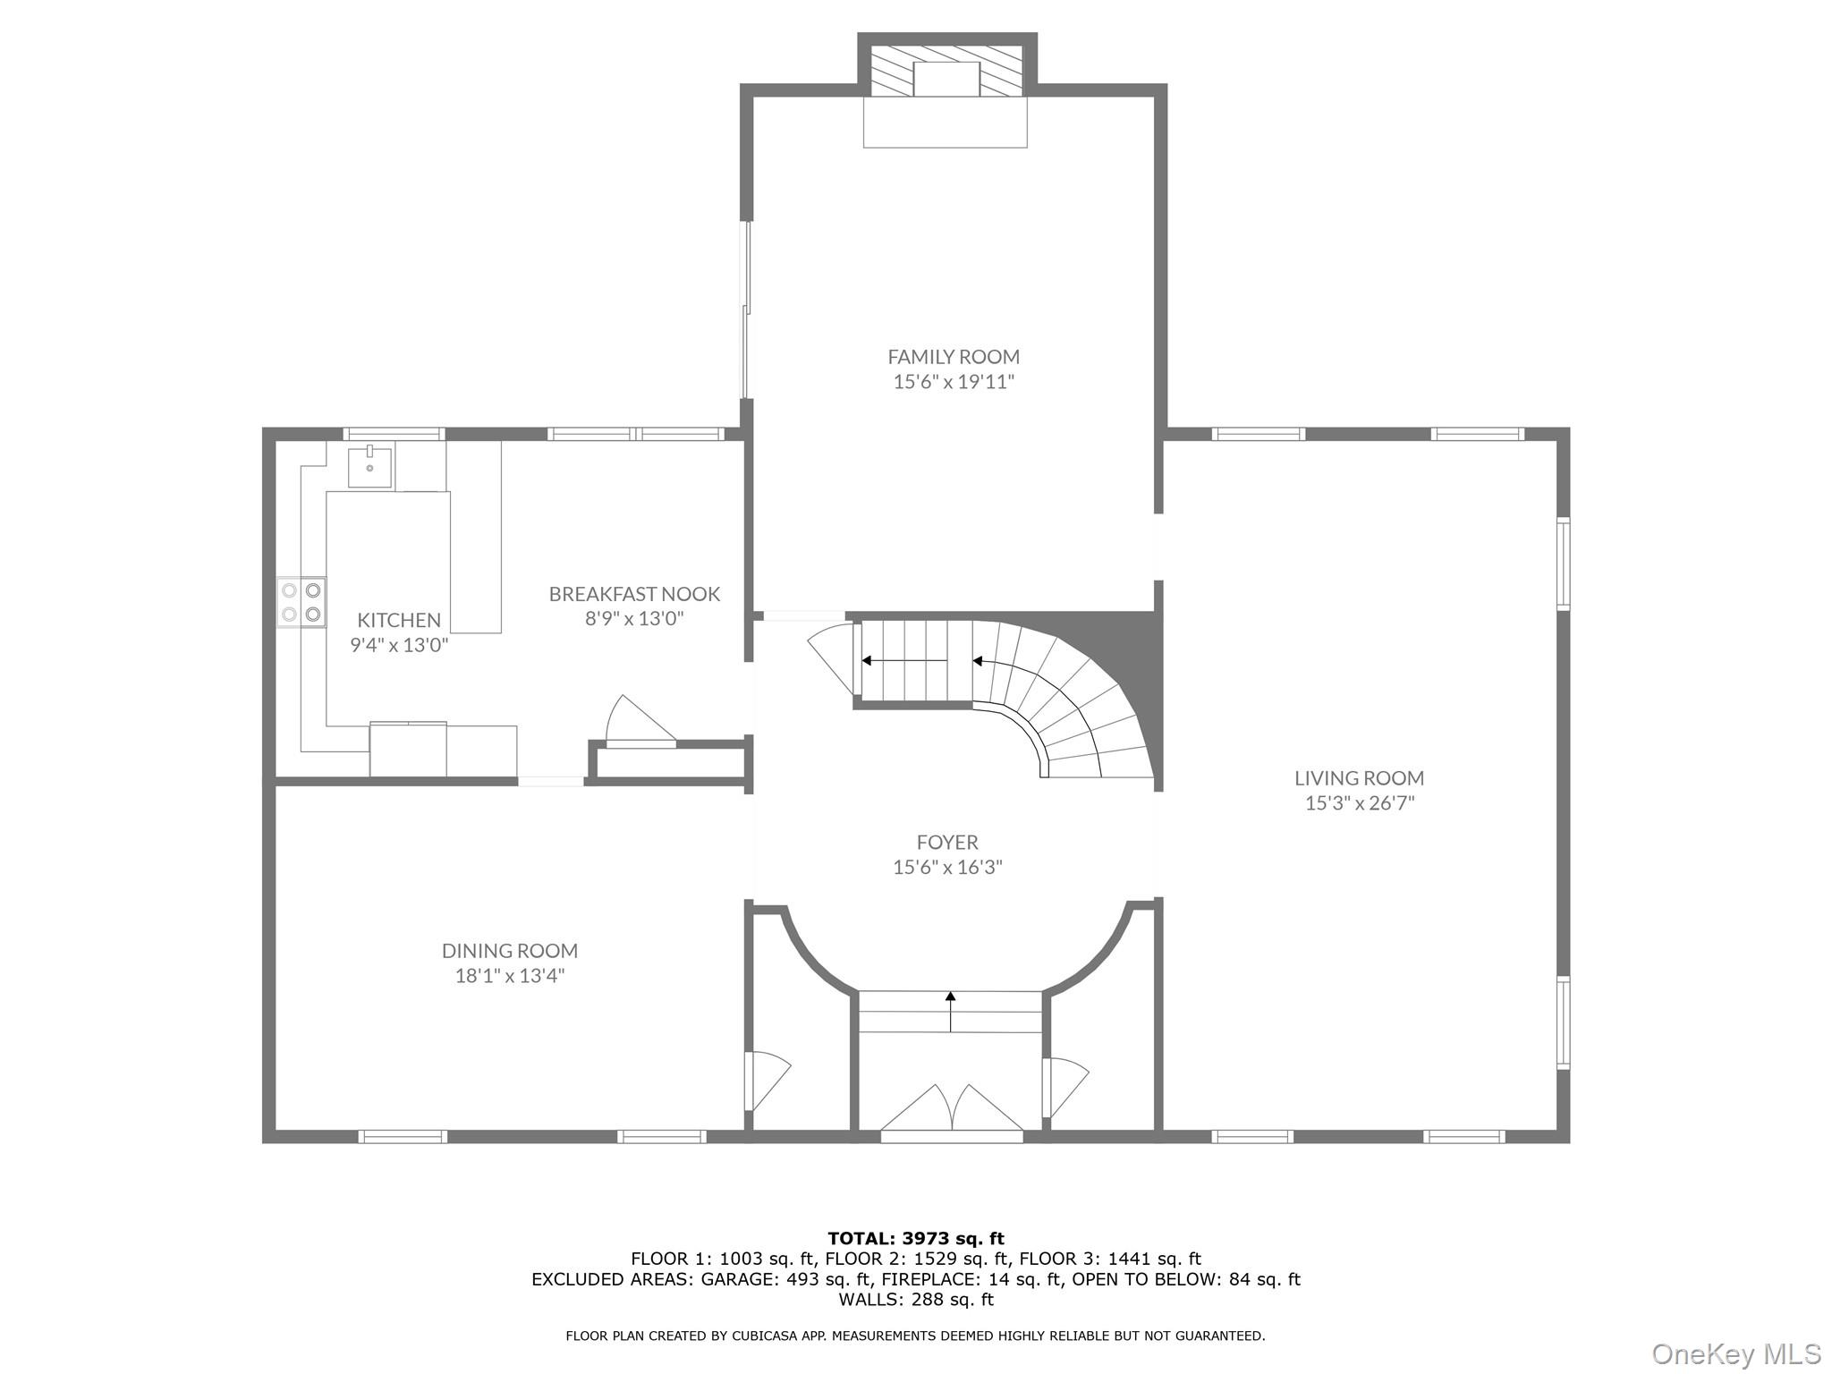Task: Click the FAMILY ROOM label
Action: (953, 357)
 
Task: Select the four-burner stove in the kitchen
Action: (301, 602)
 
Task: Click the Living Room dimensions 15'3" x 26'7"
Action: (1359, 803)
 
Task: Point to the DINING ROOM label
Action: (510, 951)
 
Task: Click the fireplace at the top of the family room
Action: (946, 81)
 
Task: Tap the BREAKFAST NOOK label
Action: (634, 594)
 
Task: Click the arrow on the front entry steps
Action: (951, 1011)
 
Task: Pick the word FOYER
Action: (947, 842)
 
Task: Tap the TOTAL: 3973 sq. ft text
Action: (916, 1238)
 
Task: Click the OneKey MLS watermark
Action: (1736, 1353)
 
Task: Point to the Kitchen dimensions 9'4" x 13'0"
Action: (399, 645)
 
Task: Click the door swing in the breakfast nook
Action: (637, 720)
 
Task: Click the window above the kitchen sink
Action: (394, 435)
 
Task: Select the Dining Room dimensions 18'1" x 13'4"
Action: (510, 976)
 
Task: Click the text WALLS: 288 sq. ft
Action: (916, 1300)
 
